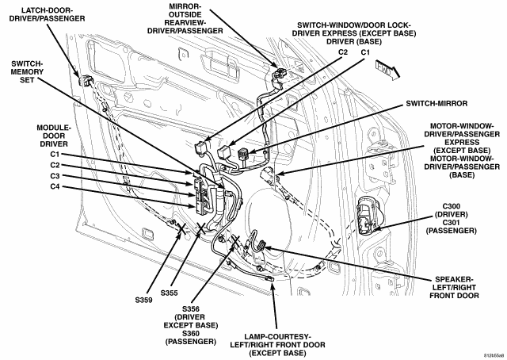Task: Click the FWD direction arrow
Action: click(x=387, y=70)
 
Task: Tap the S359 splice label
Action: click(x=143, y=300)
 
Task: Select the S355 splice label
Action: click(x=169, y=293)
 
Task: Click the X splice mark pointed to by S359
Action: click(x=181, y=228)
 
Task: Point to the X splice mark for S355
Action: click(x=201, y=228)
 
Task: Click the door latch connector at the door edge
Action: click(x=86, y=80)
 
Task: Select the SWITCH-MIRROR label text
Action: click(x=436, y=104)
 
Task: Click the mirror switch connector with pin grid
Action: click(x=242, y=155)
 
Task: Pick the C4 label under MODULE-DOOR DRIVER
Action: click(x=55, y=186)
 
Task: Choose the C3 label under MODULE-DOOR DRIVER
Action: click(x=55, y=176)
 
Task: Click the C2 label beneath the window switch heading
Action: click(x=343, y=52)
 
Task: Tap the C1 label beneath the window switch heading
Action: click(x=365, y=52)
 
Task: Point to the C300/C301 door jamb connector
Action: click(x=368, y=217)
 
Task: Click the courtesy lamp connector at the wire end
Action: click(x=269, y=278)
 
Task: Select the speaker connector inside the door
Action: click(x=261, y=245)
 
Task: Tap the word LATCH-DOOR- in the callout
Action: click(x=48, y=10)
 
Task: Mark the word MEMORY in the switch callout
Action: click(x=27, y=71)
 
